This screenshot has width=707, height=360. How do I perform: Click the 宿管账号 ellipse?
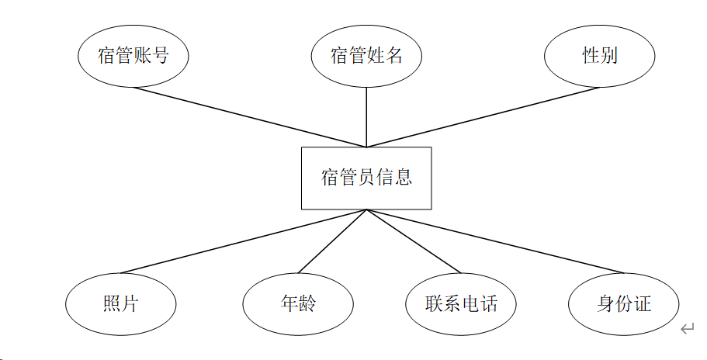click(133, 56)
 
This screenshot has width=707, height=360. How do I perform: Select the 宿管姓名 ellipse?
click(366, 56)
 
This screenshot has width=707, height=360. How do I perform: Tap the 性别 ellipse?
click(600, 56)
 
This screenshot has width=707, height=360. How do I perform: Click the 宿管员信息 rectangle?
click(366, 178)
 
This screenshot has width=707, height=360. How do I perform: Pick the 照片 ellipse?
click(120, 303)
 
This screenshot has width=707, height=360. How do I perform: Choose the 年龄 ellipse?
click(298, 303)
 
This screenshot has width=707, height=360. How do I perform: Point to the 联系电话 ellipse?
click(461, 303)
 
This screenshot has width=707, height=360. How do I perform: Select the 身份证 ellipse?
click(624, 303)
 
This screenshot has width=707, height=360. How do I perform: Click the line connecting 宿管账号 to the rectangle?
click(248, 116)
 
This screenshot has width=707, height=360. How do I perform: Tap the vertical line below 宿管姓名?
click(366, 116)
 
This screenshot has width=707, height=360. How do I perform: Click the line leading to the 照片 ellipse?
click(244, 241)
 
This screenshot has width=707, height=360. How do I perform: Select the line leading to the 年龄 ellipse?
click(332, 241)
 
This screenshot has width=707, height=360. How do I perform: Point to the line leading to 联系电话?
click(414, 241)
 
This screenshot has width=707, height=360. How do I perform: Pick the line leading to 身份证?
click(495, 241)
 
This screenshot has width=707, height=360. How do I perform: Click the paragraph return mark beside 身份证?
click(687, 330)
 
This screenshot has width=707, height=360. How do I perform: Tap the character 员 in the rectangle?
click(366, 178)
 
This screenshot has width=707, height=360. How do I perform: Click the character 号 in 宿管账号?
click(160, 56)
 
